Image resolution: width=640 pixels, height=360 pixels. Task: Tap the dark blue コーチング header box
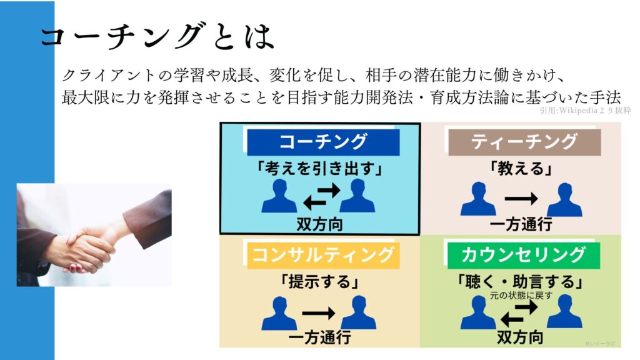click(x=323, y=142)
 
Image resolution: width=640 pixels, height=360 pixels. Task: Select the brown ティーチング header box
click(x=524, y=142)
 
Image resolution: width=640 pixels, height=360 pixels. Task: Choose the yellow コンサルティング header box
click(x=323, y=255)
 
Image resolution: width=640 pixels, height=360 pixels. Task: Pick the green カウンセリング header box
click(x=524, y=255)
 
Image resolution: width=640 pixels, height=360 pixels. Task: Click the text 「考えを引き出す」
click(x=319, y=168)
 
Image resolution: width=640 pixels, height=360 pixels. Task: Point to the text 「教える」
click(x=521, y=168)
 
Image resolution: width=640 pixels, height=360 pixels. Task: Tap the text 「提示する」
click(x=319, y=282)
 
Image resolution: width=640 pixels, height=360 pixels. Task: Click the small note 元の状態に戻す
click(x=521, y=295)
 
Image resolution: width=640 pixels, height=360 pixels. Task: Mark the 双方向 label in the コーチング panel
click(x=319, y=224)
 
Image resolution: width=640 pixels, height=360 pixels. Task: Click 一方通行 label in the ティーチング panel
click(x=521, y=224)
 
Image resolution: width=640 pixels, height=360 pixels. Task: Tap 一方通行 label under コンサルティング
click(x=319, y=337)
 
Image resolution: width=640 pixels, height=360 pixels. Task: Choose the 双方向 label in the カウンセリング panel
click(x=520, y=337)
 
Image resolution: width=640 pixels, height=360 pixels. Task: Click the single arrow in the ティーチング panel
click(x=521, y=199)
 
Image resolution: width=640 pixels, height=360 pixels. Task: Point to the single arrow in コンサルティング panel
click(x=319, y=313)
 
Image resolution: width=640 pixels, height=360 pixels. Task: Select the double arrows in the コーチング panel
click(x=322, y=196)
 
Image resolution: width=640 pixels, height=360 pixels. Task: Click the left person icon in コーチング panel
click(x=279, y=196)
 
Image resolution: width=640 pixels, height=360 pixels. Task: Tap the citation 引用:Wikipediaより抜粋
click(x=585, y=111)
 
